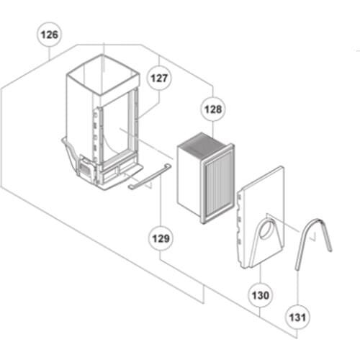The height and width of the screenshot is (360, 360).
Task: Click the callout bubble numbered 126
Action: [50, 34]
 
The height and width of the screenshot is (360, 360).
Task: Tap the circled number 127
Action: [158, 78]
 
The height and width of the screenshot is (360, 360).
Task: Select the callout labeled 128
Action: [213, 110]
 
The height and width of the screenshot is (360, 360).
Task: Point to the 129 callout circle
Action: [159, 237]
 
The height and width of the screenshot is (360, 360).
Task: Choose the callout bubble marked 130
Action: [261, 294]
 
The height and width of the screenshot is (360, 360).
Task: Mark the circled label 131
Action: [297, 316]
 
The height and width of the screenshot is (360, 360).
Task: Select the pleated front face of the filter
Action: [218, 183]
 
